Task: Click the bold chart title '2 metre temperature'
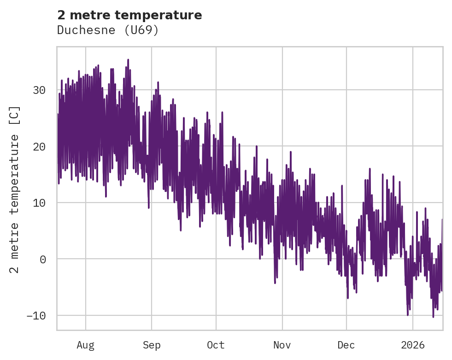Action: click(x=129, y=15)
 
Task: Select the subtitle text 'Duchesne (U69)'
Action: click(x=108, y=30)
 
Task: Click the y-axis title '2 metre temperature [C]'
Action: click(x=15, y=190)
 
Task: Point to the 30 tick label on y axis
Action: click(x=40, y=90)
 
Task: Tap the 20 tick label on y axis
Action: click(x=40, y=146)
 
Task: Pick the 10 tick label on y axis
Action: click(x=40, y=203)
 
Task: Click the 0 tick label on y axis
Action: click(x=43, y=259)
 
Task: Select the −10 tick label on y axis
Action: click(x=36, y=316)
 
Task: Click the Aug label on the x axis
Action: click(x=86, y=345)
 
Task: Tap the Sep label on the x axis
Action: click(x=151, y=345)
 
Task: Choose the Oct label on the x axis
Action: click(x=216, y=345)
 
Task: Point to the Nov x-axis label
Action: click(x=282, y=345)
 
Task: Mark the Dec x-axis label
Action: click(x=346, y=345)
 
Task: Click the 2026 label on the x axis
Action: click(x=413, y=345)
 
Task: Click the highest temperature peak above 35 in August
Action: click(x=128, y=60)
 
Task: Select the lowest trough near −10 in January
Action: click(x=433, y=316)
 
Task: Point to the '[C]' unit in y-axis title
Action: click(x=15, y=115)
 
